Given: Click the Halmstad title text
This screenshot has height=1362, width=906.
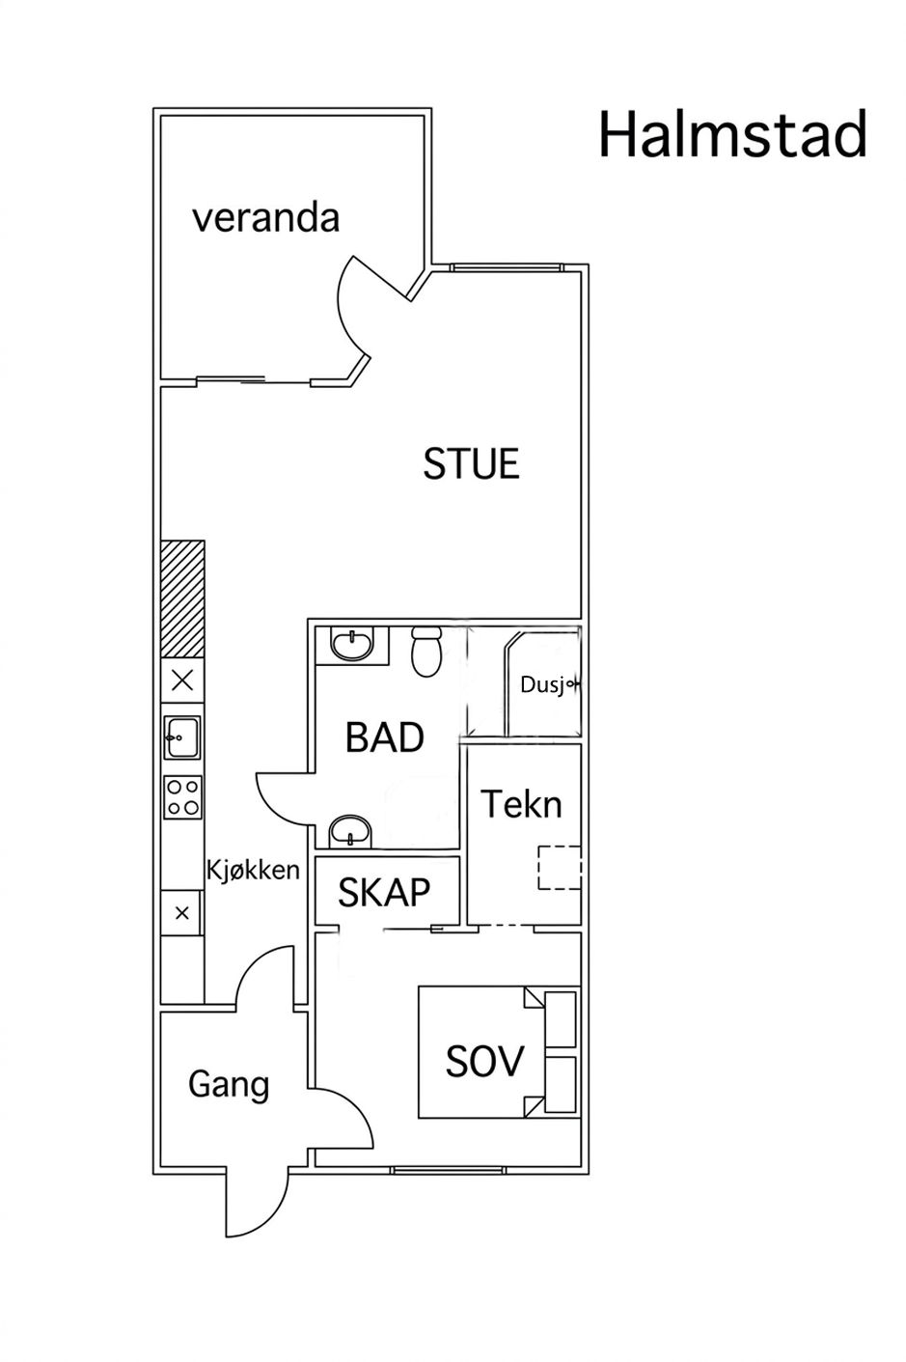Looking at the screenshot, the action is pyautogui.click(x=732, y=134).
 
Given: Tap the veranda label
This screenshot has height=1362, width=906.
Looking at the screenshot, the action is pyautogui.click(x=265, y=218).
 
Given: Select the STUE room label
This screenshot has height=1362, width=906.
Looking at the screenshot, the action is pyautogui.click(x=471, y=463).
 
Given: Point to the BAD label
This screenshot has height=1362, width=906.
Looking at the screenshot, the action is pyautogui.click(x=384, y=737).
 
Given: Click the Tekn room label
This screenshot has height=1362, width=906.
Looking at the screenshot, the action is pyautogui.click(x=521, y=804).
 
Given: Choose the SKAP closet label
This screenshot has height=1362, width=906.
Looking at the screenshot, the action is pyautogui.click(x=383, y=892).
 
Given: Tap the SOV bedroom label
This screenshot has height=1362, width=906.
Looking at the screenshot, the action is pyautogui.click(x=483, y=1061).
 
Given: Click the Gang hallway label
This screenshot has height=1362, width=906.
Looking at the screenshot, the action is pyautogui.click(x=229, y=1085).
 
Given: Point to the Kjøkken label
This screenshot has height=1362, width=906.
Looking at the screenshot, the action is pyautogui.click(x=253, y=870).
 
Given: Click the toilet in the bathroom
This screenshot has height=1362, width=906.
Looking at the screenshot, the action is pyautogui.click(x=426, y=652).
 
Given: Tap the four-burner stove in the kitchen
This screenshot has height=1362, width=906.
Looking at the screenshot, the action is pyautogui.click(x=183, y=796).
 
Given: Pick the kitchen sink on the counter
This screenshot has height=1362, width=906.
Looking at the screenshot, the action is pyautogui.click(x=182, y=737).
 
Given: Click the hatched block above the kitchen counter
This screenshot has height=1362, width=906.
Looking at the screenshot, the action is pyautogui.click(x=182, y=598).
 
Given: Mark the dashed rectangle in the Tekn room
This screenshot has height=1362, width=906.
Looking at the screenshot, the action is pyautogui.click(x=560, y=868).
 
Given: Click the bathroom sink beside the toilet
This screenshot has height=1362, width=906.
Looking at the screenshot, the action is pyautogui.click(x=352, y=645).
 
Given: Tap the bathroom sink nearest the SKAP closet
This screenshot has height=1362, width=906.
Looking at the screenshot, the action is pyautogui.click(x=350, y=830).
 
